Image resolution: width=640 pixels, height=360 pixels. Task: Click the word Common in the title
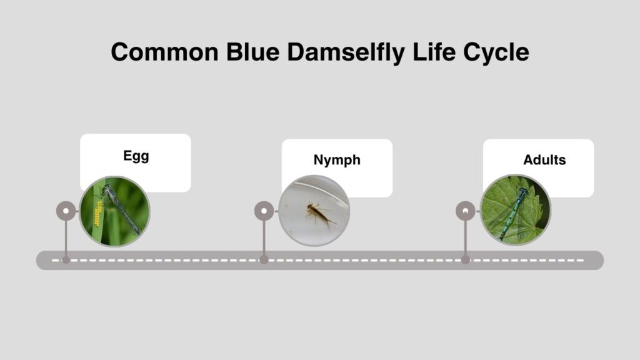165,52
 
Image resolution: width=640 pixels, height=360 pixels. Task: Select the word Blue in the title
252,52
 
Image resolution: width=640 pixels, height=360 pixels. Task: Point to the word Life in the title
434,52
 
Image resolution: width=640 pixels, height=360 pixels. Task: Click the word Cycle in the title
496,53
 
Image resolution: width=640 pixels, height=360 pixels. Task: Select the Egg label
136,156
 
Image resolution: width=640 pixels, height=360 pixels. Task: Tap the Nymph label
337,160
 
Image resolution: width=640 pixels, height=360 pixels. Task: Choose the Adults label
544,160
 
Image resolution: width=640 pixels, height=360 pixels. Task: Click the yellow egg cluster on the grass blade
98,214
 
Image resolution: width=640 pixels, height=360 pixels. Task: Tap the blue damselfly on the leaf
513,213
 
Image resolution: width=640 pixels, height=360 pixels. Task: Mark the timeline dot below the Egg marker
66,260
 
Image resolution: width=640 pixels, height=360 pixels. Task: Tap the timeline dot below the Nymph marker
264,260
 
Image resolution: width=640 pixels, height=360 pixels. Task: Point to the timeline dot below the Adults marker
465,260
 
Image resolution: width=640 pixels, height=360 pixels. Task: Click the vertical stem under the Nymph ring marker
264,239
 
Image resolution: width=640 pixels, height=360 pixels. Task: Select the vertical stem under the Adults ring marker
465,239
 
